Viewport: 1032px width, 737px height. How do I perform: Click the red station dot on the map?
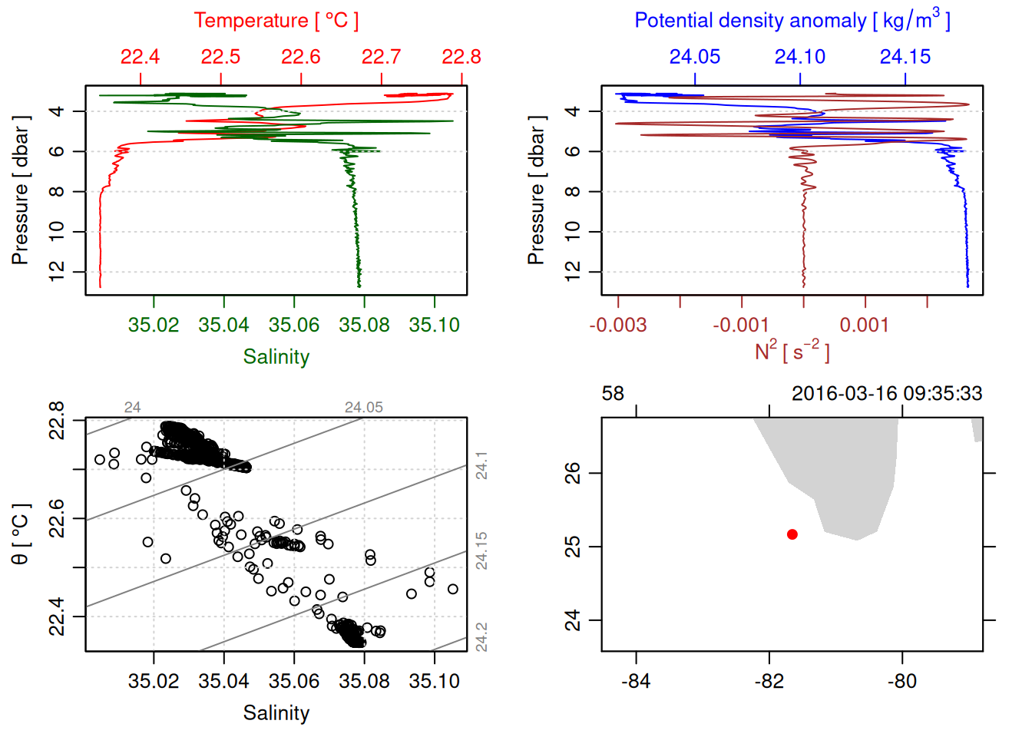point(792,534)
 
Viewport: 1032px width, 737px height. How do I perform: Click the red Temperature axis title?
point(276,21)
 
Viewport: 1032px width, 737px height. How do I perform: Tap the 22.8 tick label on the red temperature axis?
point(461,57)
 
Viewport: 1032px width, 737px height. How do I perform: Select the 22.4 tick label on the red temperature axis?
point(140,57)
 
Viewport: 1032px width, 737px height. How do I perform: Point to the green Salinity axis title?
point(276,357)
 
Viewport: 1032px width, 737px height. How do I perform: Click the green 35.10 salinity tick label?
point(434,326)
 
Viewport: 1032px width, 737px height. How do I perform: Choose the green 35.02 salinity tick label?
point(154,326)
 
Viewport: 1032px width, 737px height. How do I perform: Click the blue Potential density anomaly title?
point(792,21)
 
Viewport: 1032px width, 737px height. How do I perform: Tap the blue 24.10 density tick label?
point(800,57)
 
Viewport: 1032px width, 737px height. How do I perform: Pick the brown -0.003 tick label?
point(618,326)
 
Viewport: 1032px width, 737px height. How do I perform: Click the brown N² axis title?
point(792,352)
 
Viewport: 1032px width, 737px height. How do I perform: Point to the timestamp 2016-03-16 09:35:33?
point(887,394)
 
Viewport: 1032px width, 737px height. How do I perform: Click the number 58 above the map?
point(613,394)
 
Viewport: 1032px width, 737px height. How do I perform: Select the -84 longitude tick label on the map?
point(636,682)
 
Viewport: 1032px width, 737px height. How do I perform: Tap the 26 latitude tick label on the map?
point(573,473)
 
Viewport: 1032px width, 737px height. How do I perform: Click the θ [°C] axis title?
point(21,534)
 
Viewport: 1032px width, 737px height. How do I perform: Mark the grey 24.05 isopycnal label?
point(363,408)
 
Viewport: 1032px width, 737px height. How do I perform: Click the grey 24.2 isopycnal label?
point(481,637)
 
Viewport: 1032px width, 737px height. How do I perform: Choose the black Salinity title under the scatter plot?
point(276,713)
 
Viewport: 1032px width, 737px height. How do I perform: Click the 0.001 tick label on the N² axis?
point(865,326)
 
